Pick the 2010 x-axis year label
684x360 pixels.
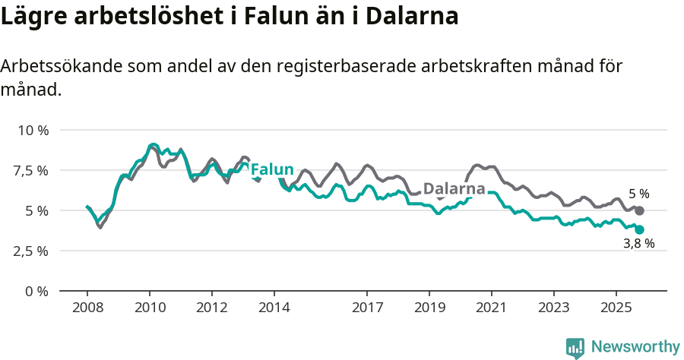149,308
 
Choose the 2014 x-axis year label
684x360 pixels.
274,308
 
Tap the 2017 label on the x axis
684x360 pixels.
367,308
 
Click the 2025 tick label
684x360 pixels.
616,308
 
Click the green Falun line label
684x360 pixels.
271,169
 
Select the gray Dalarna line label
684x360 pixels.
454,188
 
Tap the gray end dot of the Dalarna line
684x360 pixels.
639,210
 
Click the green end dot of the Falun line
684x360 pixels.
639,229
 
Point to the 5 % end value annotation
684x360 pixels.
639,194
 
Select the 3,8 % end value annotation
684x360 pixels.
638,245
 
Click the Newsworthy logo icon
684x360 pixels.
575,347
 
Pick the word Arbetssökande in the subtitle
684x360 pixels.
59,66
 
